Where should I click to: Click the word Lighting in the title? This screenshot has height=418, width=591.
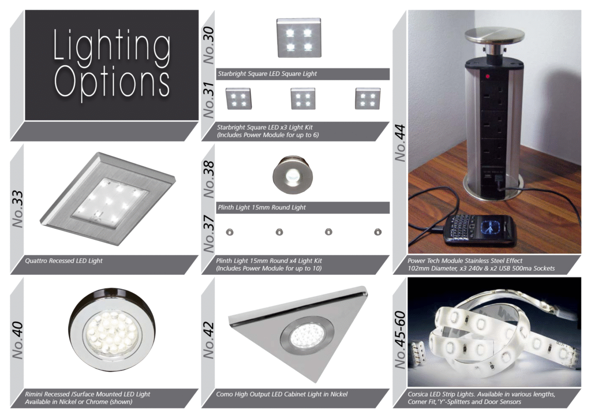(x=112, y=47)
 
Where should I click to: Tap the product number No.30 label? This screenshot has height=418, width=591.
(x=208, y=45)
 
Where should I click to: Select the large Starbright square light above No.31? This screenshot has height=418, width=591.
(x=299, y=38)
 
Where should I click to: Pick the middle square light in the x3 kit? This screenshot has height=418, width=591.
(x=303, y=98)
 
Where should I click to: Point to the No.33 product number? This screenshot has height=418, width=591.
(x=17, y=209)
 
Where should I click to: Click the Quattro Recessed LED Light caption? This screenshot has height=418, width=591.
(x=64, y=261)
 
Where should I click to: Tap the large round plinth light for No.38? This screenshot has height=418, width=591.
(x=293, y=175)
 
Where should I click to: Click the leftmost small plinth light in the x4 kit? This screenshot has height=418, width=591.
(x=229, y=232)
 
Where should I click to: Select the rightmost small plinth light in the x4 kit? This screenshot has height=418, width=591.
(x=378, y=232)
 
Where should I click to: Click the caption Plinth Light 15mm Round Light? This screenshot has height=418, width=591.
(x=262, y=207)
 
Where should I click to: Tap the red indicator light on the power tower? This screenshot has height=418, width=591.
(x=488, y=76)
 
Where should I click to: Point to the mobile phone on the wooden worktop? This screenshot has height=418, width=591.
(x=479, y=229)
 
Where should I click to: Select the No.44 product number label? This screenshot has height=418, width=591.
(x=400, y=143)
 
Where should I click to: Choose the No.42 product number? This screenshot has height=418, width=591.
(x=208, y=340)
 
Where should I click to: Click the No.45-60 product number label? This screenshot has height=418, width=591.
(x=400, y=340)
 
